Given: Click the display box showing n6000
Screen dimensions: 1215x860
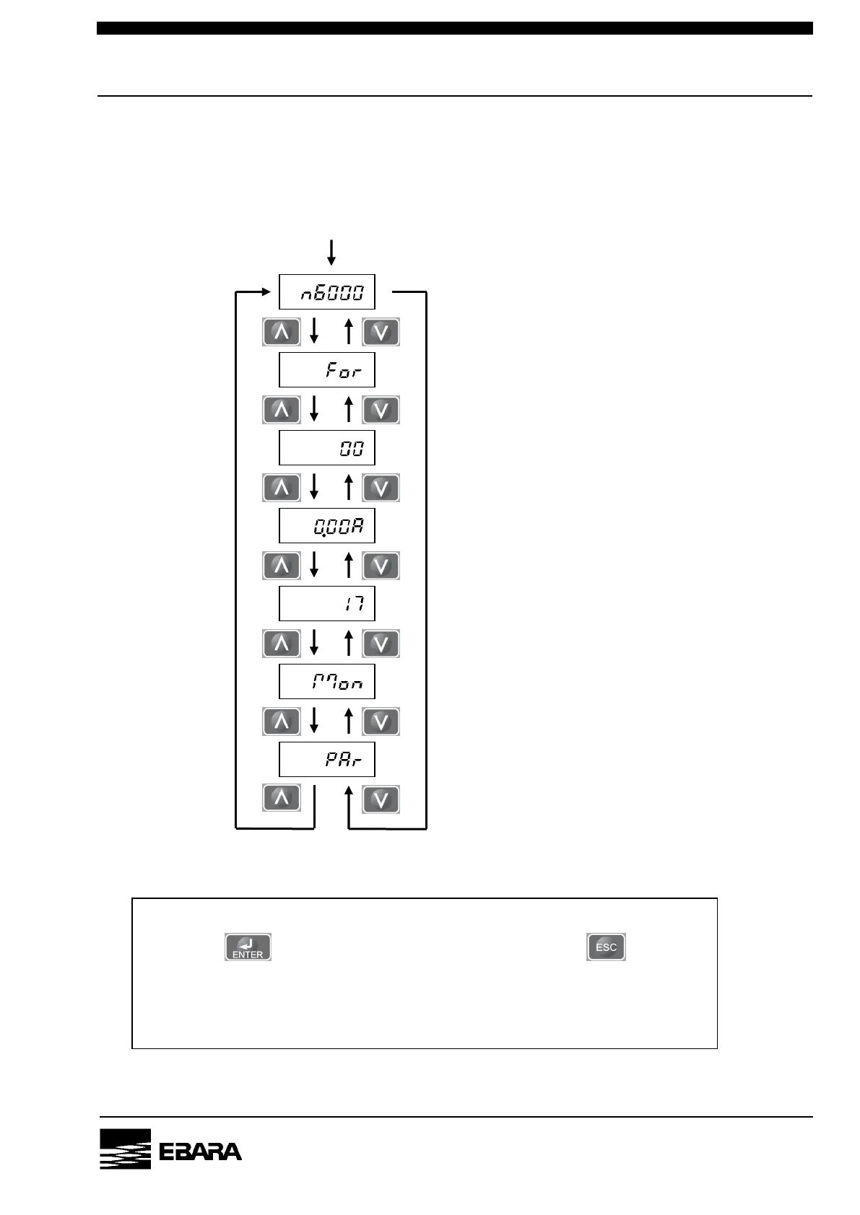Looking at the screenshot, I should click(326, 292).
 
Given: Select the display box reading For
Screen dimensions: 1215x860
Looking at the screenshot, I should click(326, 370).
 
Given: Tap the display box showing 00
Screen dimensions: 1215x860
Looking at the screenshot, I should click(326, 448).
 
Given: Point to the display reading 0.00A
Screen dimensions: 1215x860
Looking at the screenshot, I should click(326, 526).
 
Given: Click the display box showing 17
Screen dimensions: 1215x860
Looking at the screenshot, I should click(326, 604).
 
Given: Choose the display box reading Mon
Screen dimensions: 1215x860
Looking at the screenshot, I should click(326, 682).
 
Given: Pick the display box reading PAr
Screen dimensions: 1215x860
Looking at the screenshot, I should click(326, 760).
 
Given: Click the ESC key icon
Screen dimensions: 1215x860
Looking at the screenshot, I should click(606, 947).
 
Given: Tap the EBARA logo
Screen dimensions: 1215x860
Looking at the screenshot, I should click(171, 1149).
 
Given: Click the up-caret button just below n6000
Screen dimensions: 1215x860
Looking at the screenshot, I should click(282, 332).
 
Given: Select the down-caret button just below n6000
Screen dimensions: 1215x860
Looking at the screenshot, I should click(381, 332).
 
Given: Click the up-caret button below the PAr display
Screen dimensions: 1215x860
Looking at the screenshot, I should click(282, 799).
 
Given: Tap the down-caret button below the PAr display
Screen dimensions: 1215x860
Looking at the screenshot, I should click(381, 799).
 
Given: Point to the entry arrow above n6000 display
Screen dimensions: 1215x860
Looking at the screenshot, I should click(331, 252).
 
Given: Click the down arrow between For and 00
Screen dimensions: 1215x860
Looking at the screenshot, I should click(314, 409).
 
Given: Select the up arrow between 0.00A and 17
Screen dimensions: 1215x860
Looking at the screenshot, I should click(349, 565).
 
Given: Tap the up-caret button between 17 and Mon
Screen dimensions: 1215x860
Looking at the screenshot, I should click(282, 643).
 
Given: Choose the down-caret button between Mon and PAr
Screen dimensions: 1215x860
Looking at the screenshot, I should click(381, 721).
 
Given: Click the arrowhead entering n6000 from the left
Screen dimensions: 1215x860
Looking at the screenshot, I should click(270, 292).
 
